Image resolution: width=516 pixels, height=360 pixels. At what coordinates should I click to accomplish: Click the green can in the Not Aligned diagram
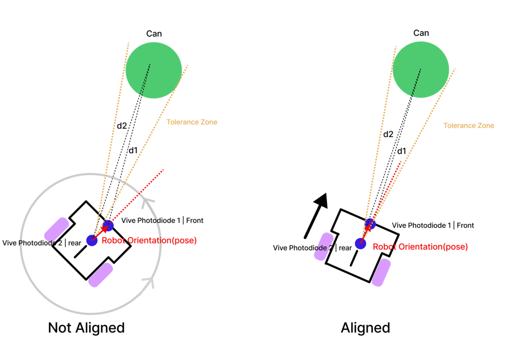[x=154, y=70]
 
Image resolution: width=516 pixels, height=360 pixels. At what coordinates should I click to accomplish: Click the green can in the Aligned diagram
[x=420, y=70]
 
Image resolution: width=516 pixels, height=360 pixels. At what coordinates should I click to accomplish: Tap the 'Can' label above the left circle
[x=154, y=34]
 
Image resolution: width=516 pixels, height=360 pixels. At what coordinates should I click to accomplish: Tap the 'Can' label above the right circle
[x=421, y=33]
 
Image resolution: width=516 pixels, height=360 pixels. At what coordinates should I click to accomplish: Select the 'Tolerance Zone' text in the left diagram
[x=191, y=122]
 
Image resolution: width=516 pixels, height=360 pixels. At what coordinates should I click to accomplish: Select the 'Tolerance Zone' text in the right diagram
[x=469, y=126]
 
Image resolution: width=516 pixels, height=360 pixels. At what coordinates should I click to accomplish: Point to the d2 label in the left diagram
[x=122, y=126]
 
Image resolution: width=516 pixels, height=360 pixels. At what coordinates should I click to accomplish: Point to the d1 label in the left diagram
[x=133, y=150]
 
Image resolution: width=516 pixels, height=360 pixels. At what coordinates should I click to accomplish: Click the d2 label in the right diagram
[x=388, y=134]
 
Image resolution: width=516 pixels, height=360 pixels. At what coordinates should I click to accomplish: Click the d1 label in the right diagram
[x=402, y=151]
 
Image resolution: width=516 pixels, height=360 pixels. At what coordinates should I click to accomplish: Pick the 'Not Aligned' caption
[x=86, y=328]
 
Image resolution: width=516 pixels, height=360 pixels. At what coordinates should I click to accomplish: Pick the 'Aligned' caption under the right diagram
[x=365, y=328]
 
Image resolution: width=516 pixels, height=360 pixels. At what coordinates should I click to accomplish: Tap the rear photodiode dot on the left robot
[x=92, y=240]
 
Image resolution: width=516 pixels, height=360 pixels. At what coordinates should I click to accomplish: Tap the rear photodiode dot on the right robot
[x=360, y=244]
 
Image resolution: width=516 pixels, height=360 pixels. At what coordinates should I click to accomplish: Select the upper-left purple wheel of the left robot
[x=56, y=229]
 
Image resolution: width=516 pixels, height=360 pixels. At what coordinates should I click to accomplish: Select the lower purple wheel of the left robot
[x=101, y=275]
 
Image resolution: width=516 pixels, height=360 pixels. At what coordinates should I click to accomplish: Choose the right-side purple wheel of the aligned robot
[x=382, y=272]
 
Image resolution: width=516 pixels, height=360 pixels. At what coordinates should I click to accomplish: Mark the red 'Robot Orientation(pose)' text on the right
[x=420, y=247]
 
